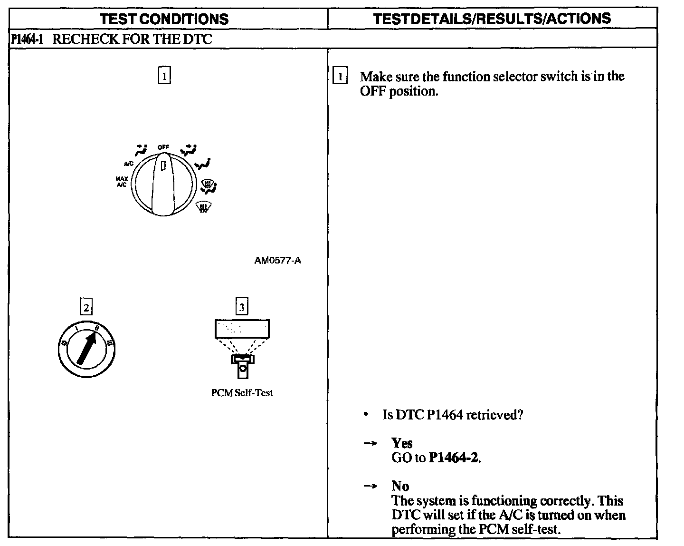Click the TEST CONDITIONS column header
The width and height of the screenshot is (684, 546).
click(165, 19)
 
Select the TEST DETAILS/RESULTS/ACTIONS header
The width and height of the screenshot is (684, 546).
click(492, 19)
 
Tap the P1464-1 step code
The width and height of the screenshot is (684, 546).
click(27, 39)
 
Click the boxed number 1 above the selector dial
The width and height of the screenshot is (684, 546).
click(164, 76)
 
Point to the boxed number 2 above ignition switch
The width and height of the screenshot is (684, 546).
click(85, 307)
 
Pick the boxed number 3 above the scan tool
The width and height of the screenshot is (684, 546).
click(242, 307)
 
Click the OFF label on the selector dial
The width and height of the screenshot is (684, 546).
click(163, 147)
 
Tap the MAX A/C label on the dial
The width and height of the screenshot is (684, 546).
click(121, 182)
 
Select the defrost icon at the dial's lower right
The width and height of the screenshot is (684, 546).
click(203, 207)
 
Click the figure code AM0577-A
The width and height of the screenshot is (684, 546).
click(277, 261)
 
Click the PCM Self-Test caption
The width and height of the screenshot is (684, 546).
click(242, 393)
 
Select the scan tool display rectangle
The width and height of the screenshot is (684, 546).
click(242, 328)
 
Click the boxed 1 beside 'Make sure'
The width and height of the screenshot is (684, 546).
click(340, 76)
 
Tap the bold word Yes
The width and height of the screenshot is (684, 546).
click(402, 443)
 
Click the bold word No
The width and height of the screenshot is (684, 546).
click(400, 486)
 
